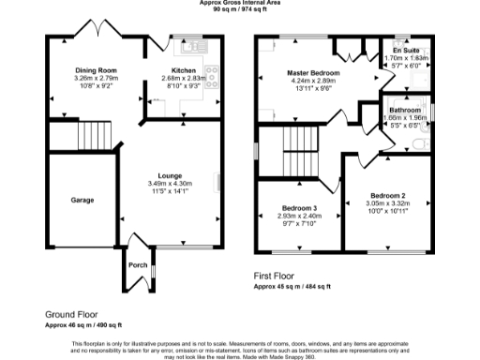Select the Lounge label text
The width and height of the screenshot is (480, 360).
click(x=170, y=175)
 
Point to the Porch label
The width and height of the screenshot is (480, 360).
click(x=137, y=265)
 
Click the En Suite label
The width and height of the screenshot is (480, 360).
click(x=405, y=51)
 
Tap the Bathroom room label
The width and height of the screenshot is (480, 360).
click(x=405, y=110)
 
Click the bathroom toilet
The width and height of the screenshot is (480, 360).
click(x=422, y=144)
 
